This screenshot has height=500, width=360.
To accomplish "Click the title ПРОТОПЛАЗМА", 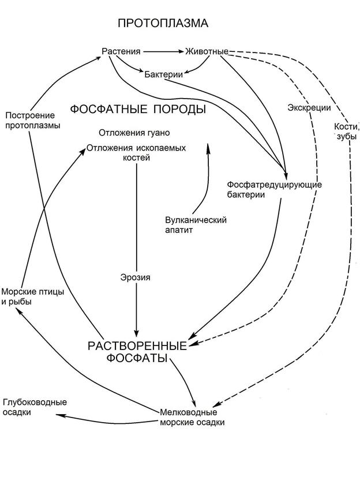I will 163,24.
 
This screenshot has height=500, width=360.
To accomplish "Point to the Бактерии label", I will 164,74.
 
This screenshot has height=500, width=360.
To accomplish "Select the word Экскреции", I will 309,108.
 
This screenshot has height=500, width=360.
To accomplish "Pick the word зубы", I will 344,137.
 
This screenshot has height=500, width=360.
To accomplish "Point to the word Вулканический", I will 196,220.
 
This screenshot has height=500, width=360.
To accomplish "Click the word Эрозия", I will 136,277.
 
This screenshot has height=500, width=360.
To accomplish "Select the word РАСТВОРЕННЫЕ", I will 137,347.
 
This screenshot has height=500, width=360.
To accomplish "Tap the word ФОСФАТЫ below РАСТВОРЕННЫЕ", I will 137,359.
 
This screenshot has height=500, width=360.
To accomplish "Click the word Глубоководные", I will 35,402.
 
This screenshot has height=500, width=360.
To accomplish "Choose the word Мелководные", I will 188,412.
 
